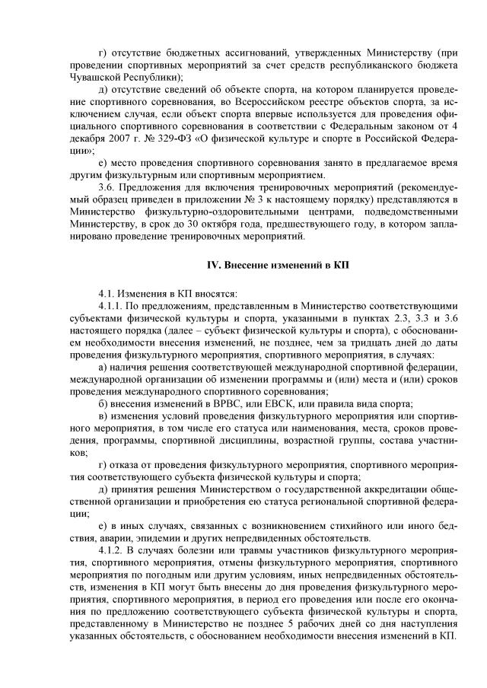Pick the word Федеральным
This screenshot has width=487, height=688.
pos(354,130)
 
